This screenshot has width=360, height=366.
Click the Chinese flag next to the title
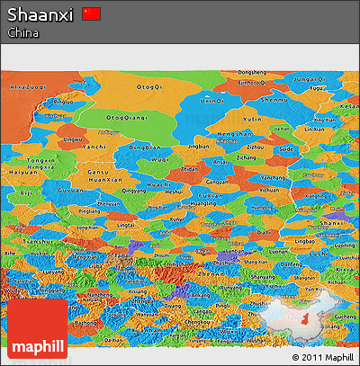click(91, 13)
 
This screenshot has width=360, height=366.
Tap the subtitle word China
click(22, 32)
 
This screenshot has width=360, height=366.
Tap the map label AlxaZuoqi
click(26, 87)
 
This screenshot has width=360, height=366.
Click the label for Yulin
click(253, 119)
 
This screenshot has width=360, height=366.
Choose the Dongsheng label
click(253, 72)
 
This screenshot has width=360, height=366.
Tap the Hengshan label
click(233, 134)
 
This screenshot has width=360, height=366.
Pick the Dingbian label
click(144, 147)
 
